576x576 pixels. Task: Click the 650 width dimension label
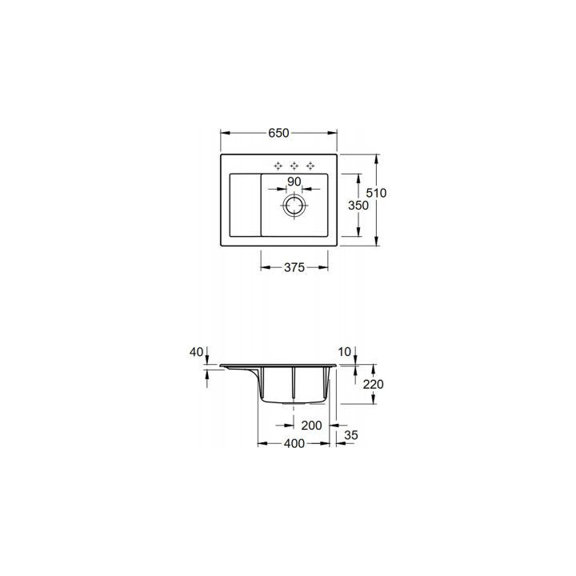(279, 133)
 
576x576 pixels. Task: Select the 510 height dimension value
(376, 193)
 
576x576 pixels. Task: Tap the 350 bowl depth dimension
(358, 206)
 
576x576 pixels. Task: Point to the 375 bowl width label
(294, 267)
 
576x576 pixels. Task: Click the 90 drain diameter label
(294, 182)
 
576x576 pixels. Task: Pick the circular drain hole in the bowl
(294, 205)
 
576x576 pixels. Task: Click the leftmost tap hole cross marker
(278, 166)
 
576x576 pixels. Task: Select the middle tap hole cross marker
(294, 166)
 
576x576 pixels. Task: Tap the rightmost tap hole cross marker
(310, 166)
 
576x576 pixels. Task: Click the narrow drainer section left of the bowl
(245, 205)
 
